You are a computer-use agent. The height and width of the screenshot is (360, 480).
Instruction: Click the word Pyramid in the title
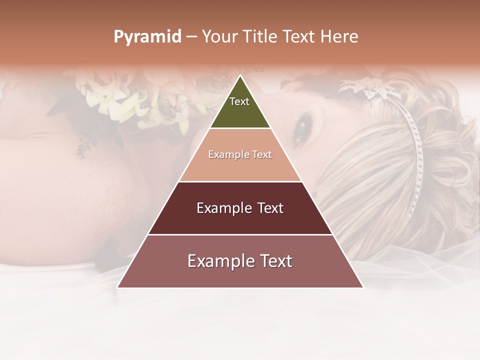pyautogui.click(x=147, y=37)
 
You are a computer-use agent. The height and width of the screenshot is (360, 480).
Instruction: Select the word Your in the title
pyautogui.click(x=220, y=36)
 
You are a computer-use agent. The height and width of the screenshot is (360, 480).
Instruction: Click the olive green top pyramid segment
pyautogui.click(x=240, y=112)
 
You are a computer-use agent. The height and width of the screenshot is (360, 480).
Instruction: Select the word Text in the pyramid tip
pyautogui.click(x=239, y=101)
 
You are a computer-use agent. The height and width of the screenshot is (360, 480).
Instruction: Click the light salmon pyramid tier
pyautogui.click(x=240, y=167)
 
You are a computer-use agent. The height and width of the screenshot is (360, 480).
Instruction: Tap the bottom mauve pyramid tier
pyautogui.click(x=240, y=275)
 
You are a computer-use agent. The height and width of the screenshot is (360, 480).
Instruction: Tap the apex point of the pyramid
pyautogui.click(x=240, y=75)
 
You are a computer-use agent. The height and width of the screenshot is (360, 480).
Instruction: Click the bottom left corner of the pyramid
pyautogui.click(x=118, y=287)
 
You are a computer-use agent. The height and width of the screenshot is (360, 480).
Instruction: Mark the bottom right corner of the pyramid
pyautogui.click(x=362, y=287)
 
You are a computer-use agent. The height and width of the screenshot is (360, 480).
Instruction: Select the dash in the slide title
pyautogui.click(x=191, y=37)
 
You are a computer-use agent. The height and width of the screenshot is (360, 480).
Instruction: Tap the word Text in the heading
pyautogui.click(x=299, y=36)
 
